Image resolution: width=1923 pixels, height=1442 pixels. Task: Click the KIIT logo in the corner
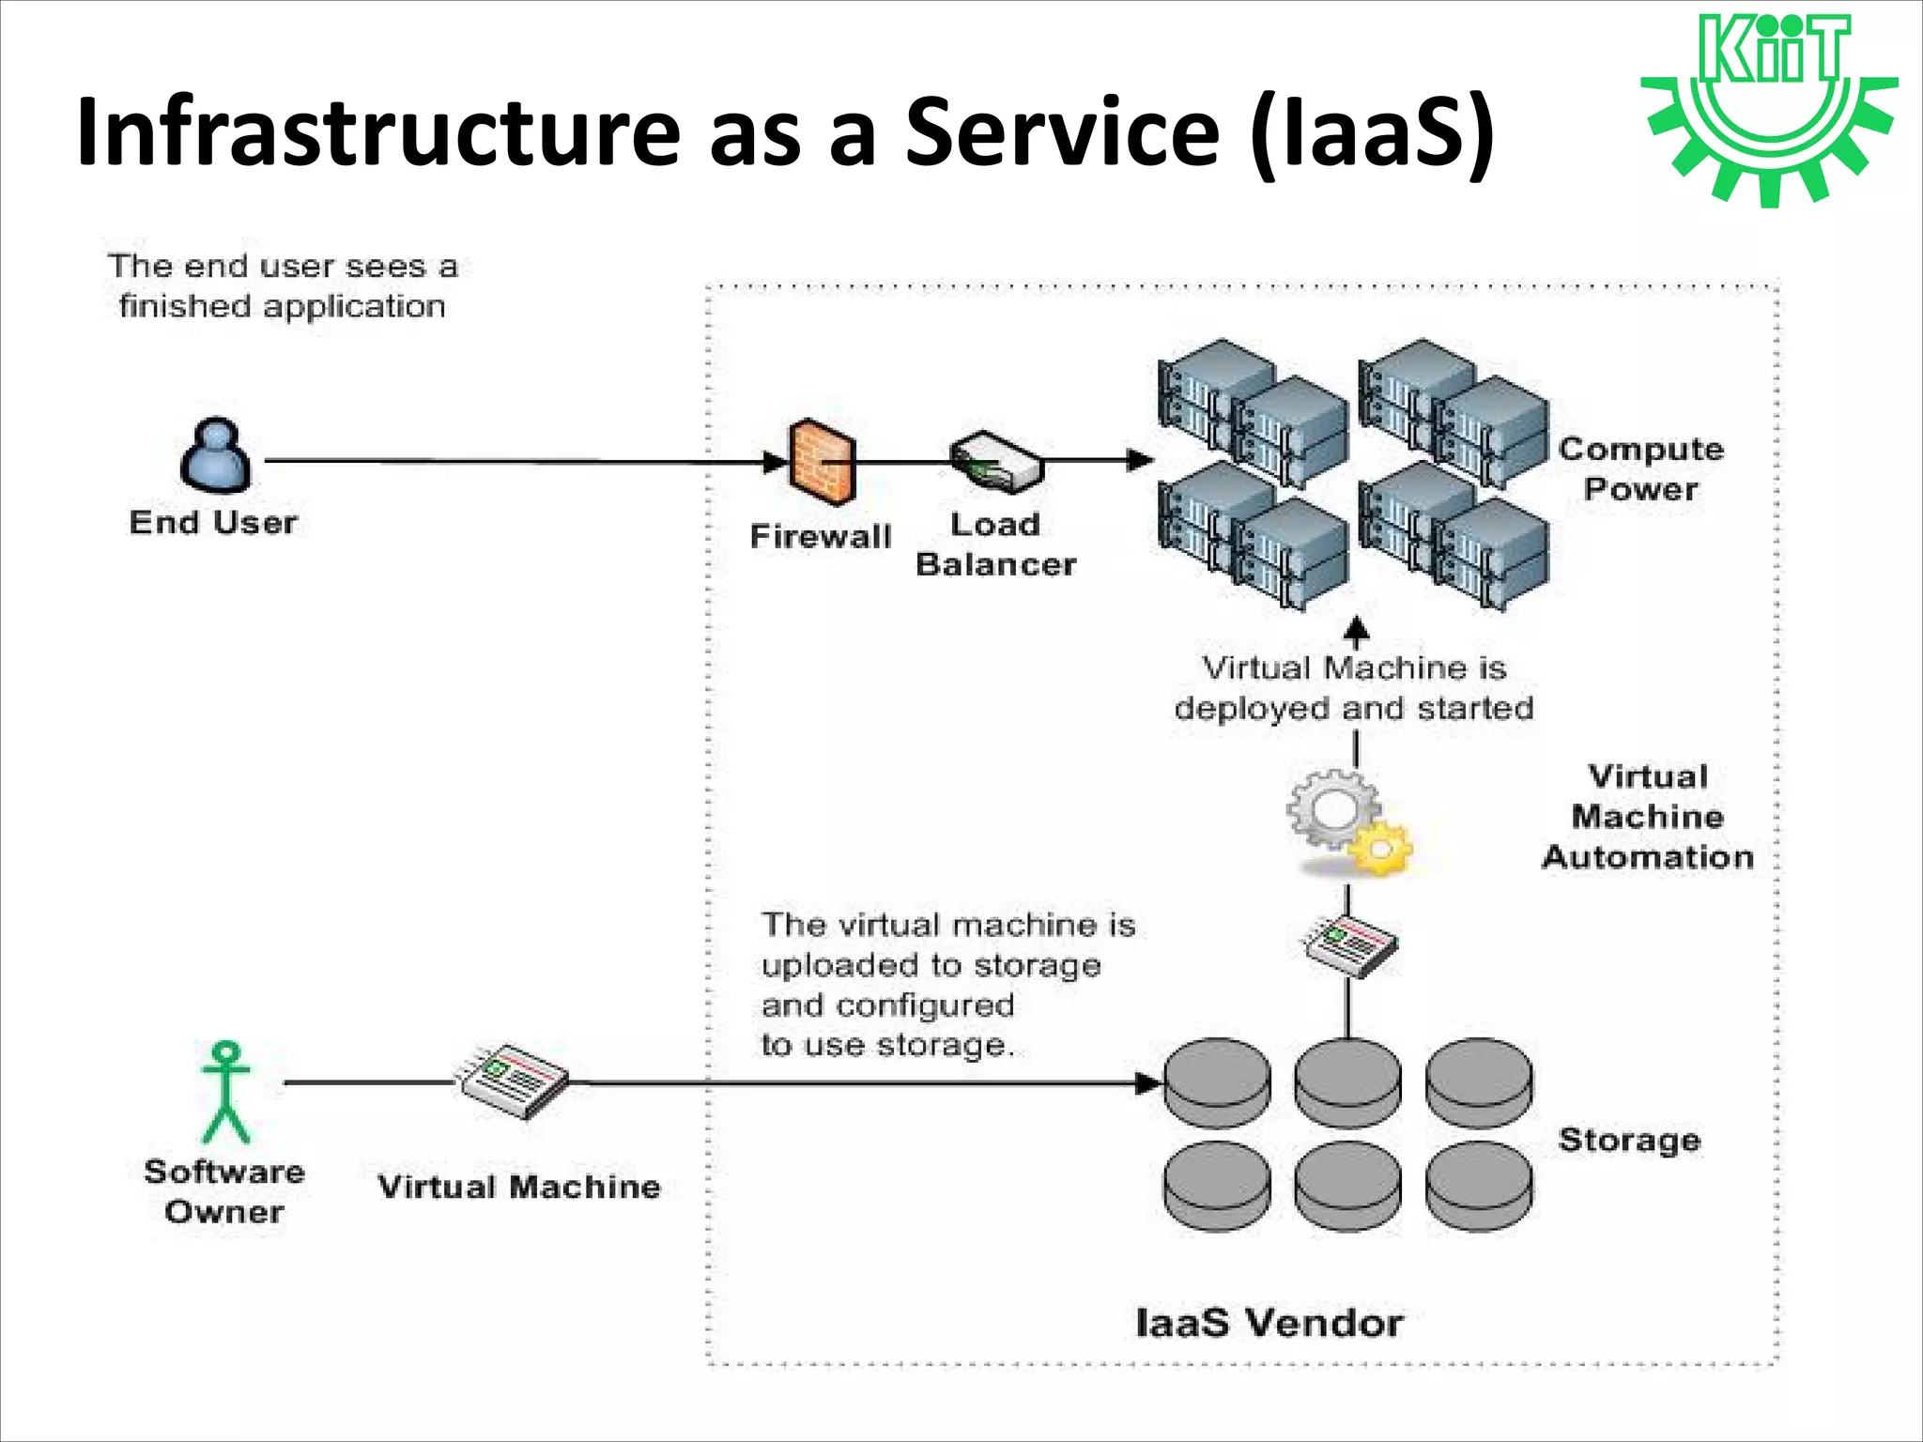1769,108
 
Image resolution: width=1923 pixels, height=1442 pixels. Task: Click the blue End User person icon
216,456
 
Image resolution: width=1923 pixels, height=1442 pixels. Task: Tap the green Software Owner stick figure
225,1091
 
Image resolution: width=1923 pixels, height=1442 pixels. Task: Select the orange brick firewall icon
821,461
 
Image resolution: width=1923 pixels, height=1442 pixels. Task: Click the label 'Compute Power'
1640,468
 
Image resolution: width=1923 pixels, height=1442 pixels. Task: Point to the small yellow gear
1380,848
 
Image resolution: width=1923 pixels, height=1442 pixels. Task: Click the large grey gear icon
1331,807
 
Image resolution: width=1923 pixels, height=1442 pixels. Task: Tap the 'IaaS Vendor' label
1269,1323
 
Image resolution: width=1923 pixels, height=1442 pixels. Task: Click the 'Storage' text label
1629,1140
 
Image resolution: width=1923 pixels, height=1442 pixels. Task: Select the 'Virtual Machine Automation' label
1648,817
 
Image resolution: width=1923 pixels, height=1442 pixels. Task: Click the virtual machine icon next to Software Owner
512,1081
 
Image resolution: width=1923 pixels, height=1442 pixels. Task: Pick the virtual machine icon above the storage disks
1351,945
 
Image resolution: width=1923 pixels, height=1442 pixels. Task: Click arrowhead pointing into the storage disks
1148,1083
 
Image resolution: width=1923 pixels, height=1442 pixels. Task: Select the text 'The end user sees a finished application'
282,286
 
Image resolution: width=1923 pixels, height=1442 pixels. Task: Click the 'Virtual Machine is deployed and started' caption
1353,687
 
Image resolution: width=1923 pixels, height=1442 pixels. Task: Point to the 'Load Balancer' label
995,545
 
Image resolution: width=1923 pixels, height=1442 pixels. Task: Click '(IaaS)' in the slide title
1373,133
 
